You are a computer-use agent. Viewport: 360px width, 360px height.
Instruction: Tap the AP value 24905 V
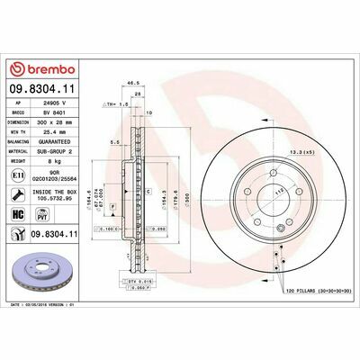click(56, 104)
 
